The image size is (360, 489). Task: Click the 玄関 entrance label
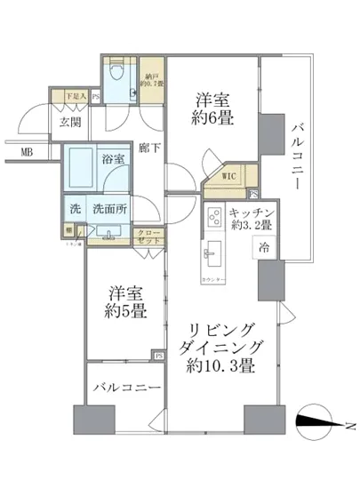coord(72,122)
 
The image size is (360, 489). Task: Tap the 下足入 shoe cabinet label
coord(76,96)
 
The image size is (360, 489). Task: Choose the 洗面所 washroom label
coord(108,212)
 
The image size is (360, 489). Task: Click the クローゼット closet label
coord(148,236)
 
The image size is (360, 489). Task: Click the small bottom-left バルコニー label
coord(124,387)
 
